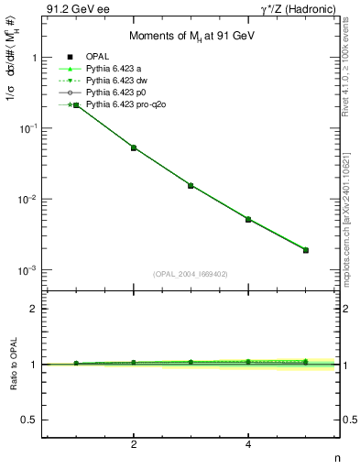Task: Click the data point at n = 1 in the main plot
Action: (x=76, y=105)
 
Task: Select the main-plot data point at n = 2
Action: (x=134, y=147)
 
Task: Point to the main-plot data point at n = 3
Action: (x=191, y=185)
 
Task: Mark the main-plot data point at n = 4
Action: (x=248, y=219)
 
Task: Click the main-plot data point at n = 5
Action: (x=306, y=250)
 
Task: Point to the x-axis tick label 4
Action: (x=248, y=444)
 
